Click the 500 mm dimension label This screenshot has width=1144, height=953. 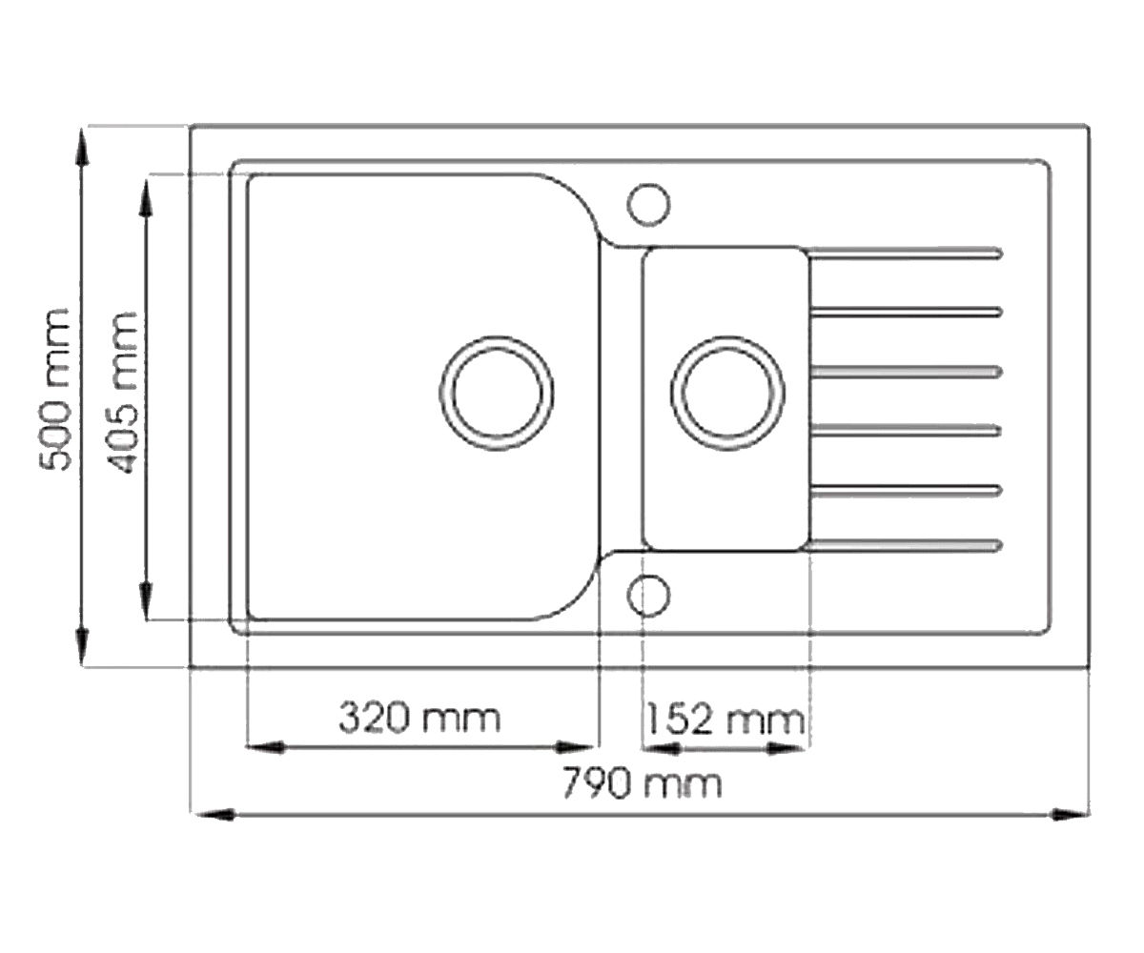click(x=55, y=390)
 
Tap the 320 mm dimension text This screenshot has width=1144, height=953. click(x=419, y=718)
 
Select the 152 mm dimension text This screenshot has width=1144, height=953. click(x=725, y=720)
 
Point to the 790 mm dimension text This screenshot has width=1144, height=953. click(x=643, y=783)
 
